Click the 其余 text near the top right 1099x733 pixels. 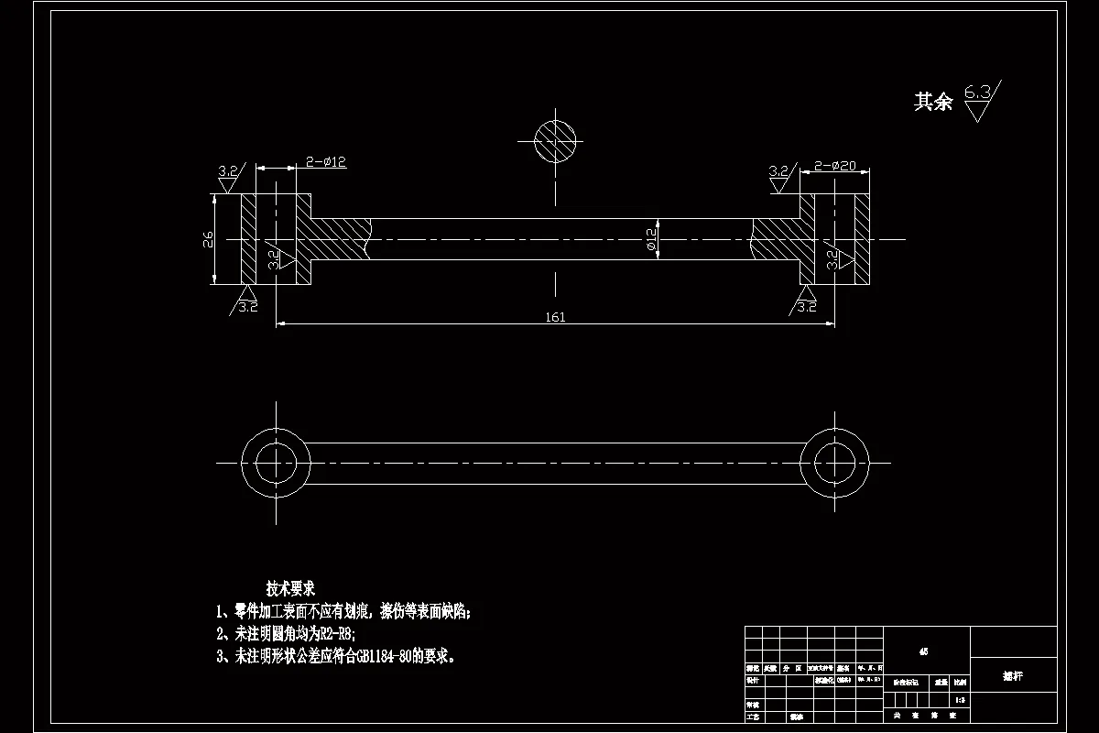tap(933, 102)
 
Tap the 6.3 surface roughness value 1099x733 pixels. tap(977, 92)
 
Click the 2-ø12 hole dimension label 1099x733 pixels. tap(326, 162)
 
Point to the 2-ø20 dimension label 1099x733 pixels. tap(834, 166)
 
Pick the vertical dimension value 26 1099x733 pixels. tap(209, 240)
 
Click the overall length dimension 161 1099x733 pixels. tap(555, 317)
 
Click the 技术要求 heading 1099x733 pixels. tap(290, 587)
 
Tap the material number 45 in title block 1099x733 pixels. tap(923, 652)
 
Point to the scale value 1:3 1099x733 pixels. tap(959, 701)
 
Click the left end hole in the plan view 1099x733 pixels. tap(276, 462)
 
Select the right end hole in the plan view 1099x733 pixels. tap(834, 462)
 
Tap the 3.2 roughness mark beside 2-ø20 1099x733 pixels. tap(779, 171)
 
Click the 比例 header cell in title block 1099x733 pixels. tap(959, 682)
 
